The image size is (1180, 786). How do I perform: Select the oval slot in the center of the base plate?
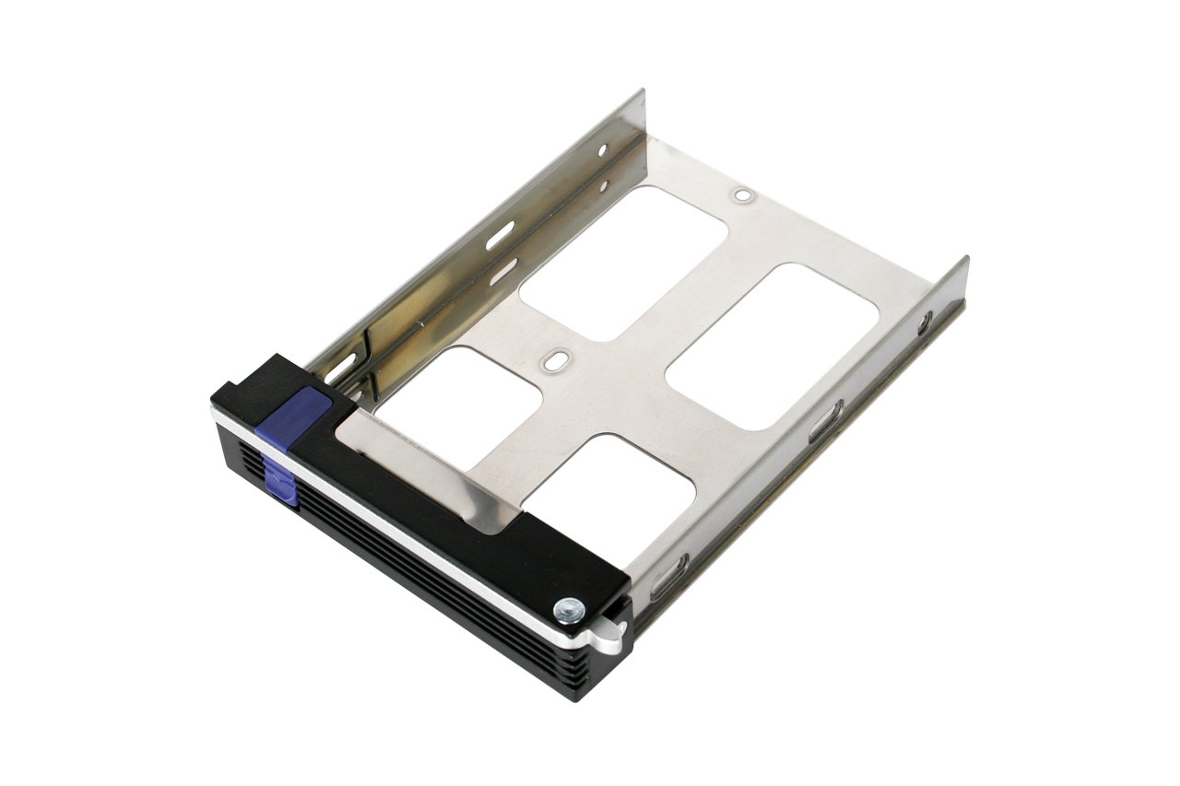(554, 359)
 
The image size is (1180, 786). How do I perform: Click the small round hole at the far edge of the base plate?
(741, 195)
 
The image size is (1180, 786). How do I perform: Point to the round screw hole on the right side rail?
(924, 322)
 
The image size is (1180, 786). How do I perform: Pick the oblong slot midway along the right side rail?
(824, 421)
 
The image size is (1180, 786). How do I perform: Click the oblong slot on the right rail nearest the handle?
(671, 576)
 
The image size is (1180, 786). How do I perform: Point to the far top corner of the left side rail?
(642, 91)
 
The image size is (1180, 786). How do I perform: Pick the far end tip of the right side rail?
(964, 260)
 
